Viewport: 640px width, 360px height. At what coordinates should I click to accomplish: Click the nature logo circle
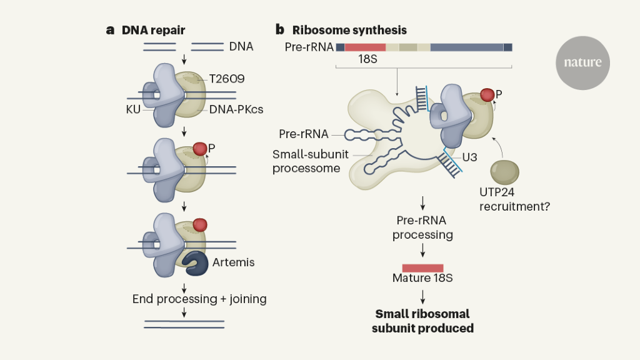pos(582,62)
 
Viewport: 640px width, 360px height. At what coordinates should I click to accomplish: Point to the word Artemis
pos(234,262)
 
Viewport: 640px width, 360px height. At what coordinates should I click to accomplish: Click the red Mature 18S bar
pos(422,267)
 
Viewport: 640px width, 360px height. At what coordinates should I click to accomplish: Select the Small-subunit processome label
pos(306,161)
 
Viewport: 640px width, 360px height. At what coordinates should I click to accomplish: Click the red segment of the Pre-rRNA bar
pos(365,47)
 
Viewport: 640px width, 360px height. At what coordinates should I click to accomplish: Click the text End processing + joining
pos(199,299)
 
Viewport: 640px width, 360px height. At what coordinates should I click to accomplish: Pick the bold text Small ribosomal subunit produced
pos(422,321)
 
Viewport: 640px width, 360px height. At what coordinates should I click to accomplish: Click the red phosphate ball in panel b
pos(487,96)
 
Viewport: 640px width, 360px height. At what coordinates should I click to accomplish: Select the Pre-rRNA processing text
pos(422,227)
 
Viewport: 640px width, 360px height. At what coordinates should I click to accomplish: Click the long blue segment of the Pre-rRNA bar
pos(467,47)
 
